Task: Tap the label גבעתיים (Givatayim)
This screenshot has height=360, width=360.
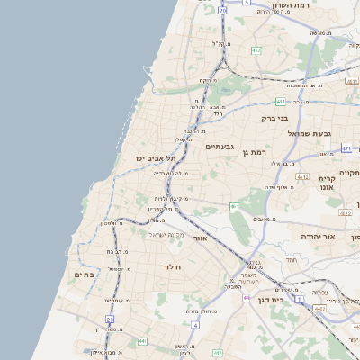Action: [x=220, y=146]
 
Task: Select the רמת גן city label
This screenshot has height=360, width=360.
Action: [x=256, y=152]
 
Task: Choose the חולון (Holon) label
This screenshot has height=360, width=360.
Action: [x=173, y=267]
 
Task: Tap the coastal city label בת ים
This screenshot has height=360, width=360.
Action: [x=84, y=274]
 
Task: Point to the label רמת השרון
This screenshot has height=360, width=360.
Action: [x=315, y=5]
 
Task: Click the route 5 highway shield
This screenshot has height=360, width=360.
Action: [x=247, y=4]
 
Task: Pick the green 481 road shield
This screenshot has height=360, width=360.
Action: [x=281, y=102]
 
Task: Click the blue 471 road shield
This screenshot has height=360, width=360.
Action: [x=346, y=148]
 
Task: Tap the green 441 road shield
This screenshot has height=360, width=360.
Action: [x=142, y=341]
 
